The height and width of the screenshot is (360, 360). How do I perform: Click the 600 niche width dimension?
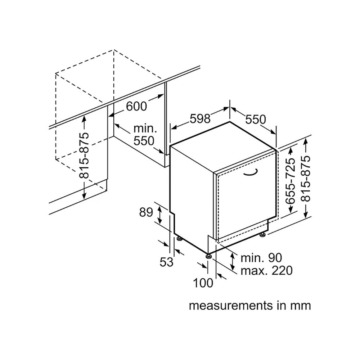coord(137,106)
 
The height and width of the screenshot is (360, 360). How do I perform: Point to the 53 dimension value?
coord(166,262)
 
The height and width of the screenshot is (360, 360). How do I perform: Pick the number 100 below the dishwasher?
coord(203,283)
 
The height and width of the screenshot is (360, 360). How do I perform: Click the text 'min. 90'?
coord(261,257)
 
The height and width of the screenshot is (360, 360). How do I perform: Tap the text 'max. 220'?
coord(266,270)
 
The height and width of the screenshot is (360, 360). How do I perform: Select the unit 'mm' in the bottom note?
coord(300,306)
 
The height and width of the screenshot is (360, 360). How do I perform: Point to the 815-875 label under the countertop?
coord(84,156)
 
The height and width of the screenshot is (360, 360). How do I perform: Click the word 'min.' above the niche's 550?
coord(145,129)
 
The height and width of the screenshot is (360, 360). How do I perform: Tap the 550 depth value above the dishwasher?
coord(256,119)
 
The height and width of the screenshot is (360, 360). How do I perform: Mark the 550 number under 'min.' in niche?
coord(144,141)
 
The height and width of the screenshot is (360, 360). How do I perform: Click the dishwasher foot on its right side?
coord(262,235)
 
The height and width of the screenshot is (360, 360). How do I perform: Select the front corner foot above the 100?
coord(208,256)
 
